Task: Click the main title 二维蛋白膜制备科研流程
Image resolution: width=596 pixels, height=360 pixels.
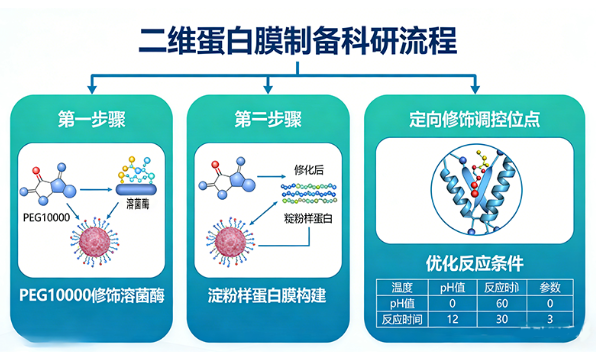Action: tap(297, 42)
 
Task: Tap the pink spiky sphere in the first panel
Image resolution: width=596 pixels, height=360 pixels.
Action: tap(96, 247)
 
